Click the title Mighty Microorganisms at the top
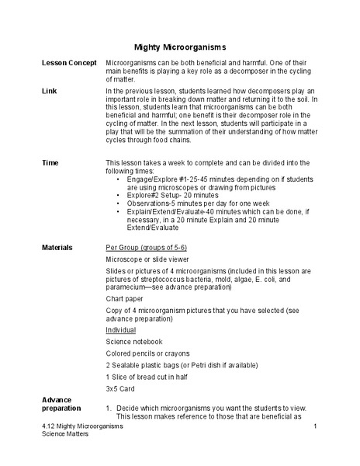(x=180, y=47)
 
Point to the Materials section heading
(x=57, y=246)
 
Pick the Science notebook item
(x=134, y=341)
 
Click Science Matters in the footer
(x=65, y=436)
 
